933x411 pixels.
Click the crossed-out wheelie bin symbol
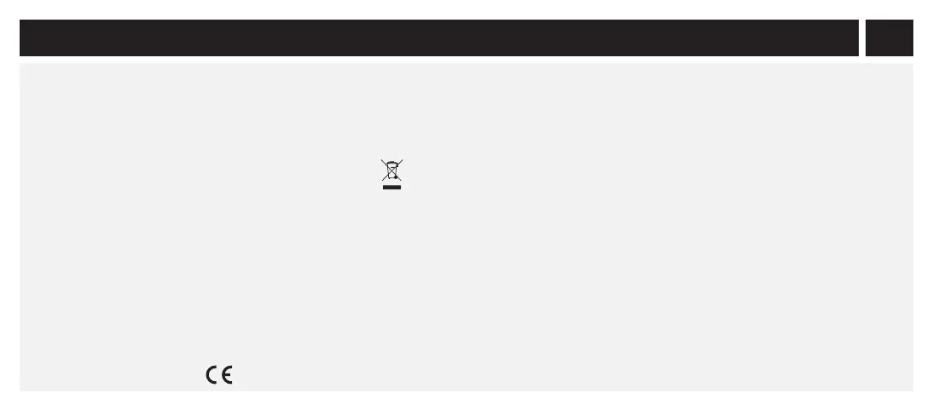pyautogui.click(x=392, y=171)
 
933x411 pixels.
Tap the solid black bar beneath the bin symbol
pyautogui.click(x=392, y=188)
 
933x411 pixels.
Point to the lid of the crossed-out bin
pyautogui.click(x=392, y=164)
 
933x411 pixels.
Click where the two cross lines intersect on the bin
pyautogui.click(x=392, y=171)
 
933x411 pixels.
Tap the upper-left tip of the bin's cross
pyautogui.click(x=382, y=159)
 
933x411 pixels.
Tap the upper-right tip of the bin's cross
pyautogui.click(x=403, y=159)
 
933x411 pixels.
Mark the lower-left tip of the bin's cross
pyautogui.click(x=383, y=182)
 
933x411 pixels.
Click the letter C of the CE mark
pyautogui.click(x=211, y=374)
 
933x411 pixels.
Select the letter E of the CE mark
pyautogui.click(x=227, y=374)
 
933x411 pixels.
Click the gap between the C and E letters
pyautogui.click(x=218, y=374)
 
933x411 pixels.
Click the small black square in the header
pyautogui.click(x=890, y=38)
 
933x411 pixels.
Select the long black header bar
pyautogui.click(x=438, y=38)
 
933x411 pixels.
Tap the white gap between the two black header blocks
pyautogui.click(x=862, y=38)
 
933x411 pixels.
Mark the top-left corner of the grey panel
pyautogui.click(x=20, y=64)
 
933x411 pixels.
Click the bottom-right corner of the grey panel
pyautogui.click(x=912, y=390)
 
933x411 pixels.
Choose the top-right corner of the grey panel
pyautogui.click(x=912, y=64)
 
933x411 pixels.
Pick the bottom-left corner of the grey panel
pyautogui.click(x=20, y=390)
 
